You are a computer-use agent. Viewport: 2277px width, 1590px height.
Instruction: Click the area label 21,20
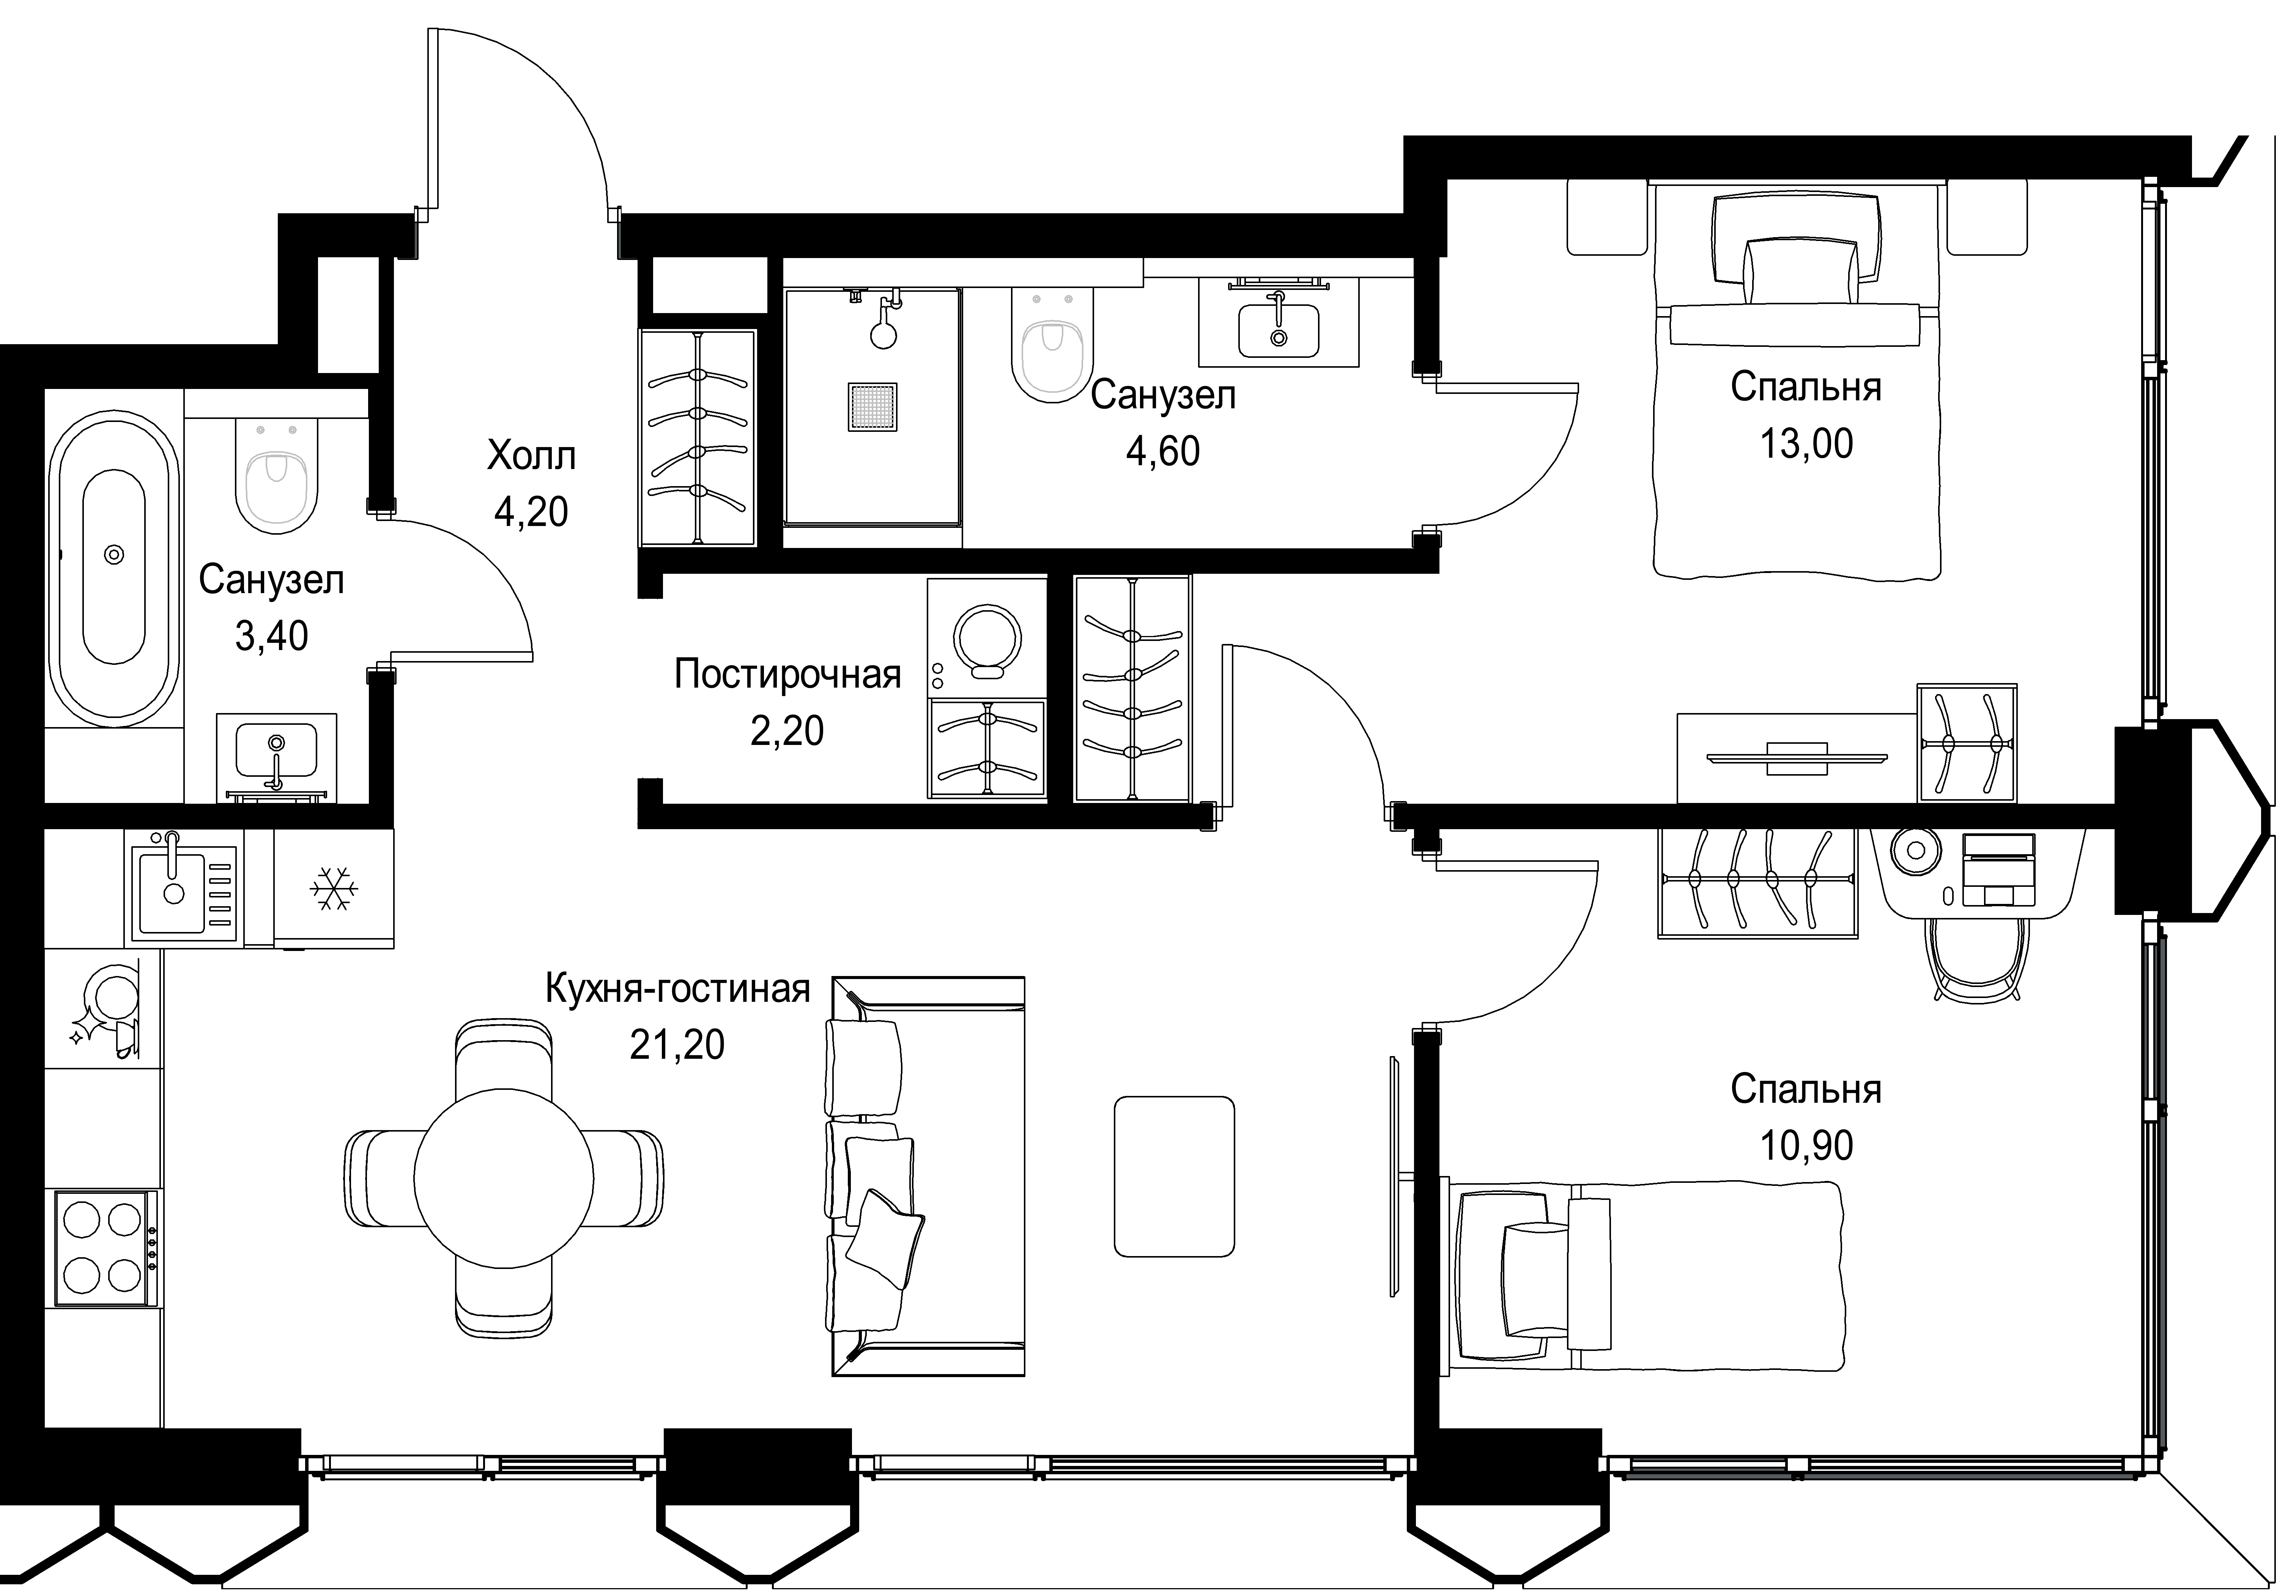(677, 1044)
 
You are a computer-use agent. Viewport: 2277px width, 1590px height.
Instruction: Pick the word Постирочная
(787, 674)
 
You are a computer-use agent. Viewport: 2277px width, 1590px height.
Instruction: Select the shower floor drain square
(873, 407)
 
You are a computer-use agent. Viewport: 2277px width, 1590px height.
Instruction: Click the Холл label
(532, 456)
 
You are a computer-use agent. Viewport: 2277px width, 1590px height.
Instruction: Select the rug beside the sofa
(1174, 1176)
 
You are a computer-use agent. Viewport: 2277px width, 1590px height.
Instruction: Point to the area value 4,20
(532, 512)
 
